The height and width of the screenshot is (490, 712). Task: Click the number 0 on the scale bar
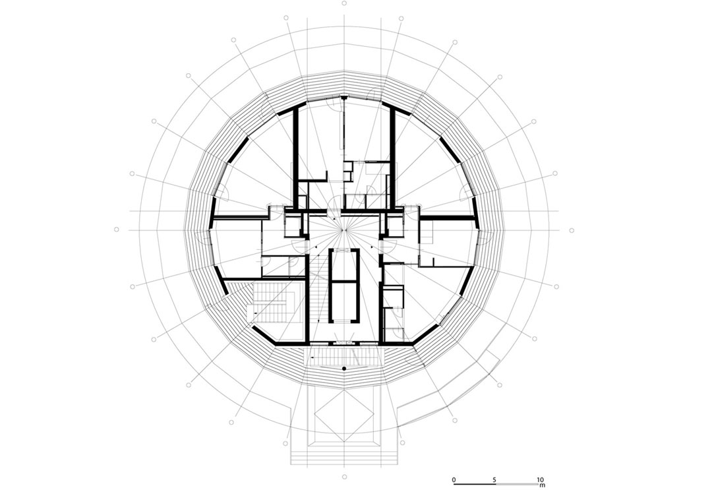tap(454, 479)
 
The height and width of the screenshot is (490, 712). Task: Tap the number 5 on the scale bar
tap(494, 479)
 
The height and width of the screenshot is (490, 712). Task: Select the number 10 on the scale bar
tap(541, 479)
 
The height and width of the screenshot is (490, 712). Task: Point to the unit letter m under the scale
tap(541, 485)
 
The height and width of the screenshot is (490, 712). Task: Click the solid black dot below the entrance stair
tap(344, 368)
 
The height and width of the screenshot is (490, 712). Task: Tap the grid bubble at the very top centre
tap(344, 3)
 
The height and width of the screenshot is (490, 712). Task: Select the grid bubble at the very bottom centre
tap(344, 476)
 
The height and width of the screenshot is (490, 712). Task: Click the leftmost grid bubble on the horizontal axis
tap(117, 230)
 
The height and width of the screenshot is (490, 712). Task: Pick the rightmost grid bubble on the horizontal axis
tap(572, 230)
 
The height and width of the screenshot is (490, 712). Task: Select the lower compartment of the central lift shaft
tap(344, 302)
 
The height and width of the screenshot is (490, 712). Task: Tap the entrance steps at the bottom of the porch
tap(344, 456)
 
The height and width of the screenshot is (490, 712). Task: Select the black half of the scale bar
tap(475, 483)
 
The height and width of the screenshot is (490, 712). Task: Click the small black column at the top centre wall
tap(344, 97)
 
